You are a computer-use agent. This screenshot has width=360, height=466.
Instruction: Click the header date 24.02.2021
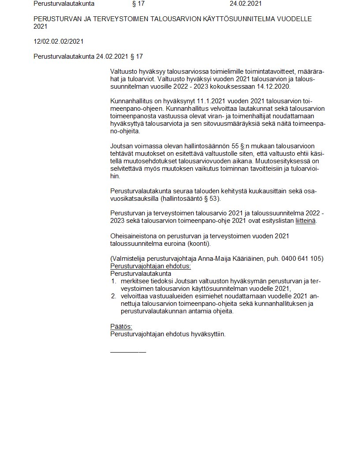(245, 4)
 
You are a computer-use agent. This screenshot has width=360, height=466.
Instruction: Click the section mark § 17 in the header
(139, 4)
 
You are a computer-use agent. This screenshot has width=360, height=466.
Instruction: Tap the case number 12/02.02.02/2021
(59, 41)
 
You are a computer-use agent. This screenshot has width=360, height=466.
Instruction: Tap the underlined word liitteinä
(305, 221)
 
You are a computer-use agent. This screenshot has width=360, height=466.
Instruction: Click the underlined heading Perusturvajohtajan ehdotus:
(150, 266)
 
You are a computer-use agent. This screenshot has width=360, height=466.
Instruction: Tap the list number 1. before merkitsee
(113, 281)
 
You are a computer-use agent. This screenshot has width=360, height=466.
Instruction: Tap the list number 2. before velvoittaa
(113, 296)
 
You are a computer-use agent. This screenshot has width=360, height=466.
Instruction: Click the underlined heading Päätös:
(121, 327)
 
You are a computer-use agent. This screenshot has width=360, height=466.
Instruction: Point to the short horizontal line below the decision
(128, 352)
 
